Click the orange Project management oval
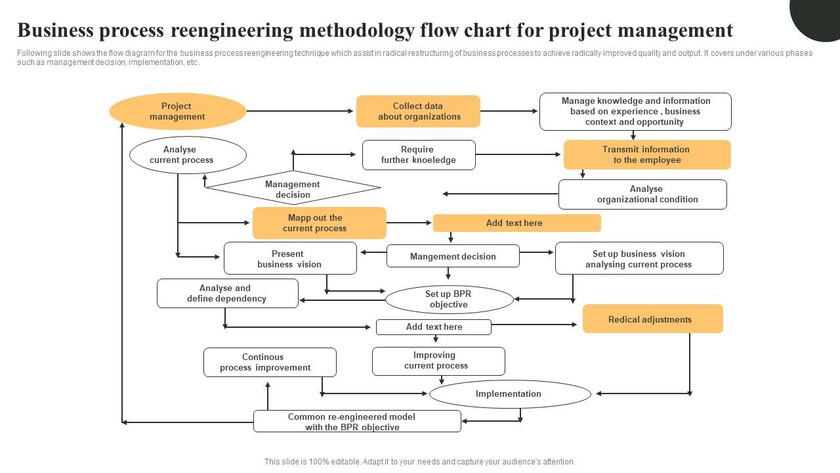pyautogui.click(x=177, y=111)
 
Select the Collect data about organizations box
pyautogui.click(x=418, y=111)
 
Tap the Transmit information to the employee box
pyautogui.click(x=646, y=154)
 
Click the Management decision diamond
pyautogui.click(x=293, y=189)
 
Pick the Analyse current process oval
pyautogui.click(x=188, y=155)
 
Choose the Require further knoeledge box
pyautogui.click(x=419, y=155)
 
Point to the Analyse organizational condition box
pyautogui.click(x=642, y=194)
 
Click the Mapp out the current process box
pyautogui.click(x=319, y=223)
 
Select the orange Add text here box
pyautogui.click(x=516, y=223)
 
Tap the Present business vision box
pyautogui.click(x=290, y=258)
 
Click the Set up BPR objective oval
pyautogui.click(x=449, y=300)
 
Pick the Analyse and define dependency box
pyautogui.click(x=227, y=293)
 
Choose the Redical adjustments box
pyautogui.click(x=652, y=319)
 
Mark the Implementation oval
pyautogui.click(x=510, y=394)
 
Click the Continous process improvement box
pyautogui.click(x=270, y=362)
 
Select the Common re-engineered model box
pyautogui.click(x=357, y=421)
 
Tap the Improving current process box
pyautogui.click(x=438, y=361)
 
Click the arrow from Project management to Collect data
pyautogui.click(x=301, y=111)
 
